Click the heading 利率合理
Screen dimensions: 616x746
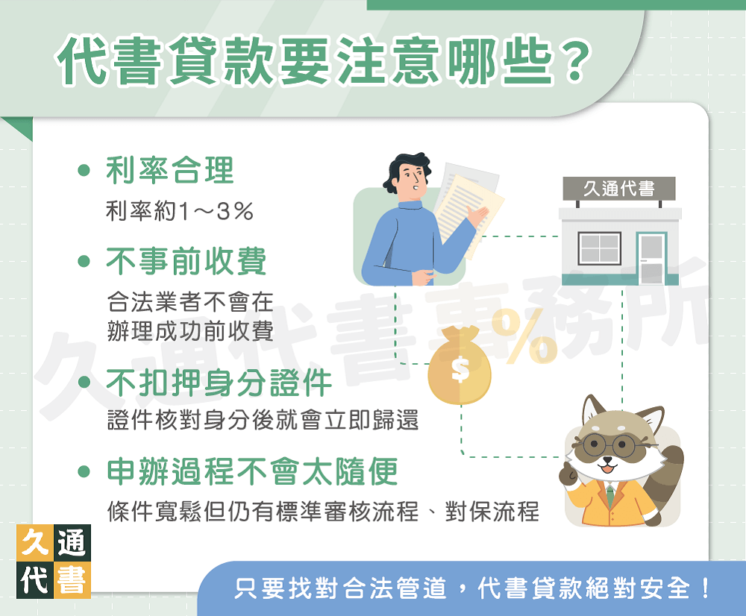point(170,171)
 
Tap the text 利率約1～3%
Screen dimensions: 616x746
point(180,212)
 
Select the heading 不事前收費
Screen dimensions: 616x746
point(186,262)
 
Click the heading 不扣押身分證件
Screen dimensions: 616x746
point(219,383)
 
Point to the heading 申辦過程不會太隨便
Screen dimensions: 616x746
point(252,471)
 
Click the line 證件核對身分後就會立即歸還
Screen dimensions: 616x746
point(263,421)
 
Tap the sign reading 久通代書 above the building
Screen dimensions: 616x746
point(619,189)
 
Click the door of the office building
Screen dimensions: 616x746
point(651,258)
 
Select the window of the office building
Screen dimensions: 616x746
point(600,249)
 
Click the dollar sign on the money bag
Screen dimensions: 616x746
point(460,369)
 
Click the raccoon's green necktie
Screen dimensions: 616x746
point(610,494)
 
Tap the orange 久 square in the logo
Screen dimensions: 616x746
point(34,544)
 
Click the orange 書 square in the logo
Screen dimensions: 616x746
point(72,580)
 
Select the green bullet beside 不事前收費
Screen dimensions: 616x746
point(84,262)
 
